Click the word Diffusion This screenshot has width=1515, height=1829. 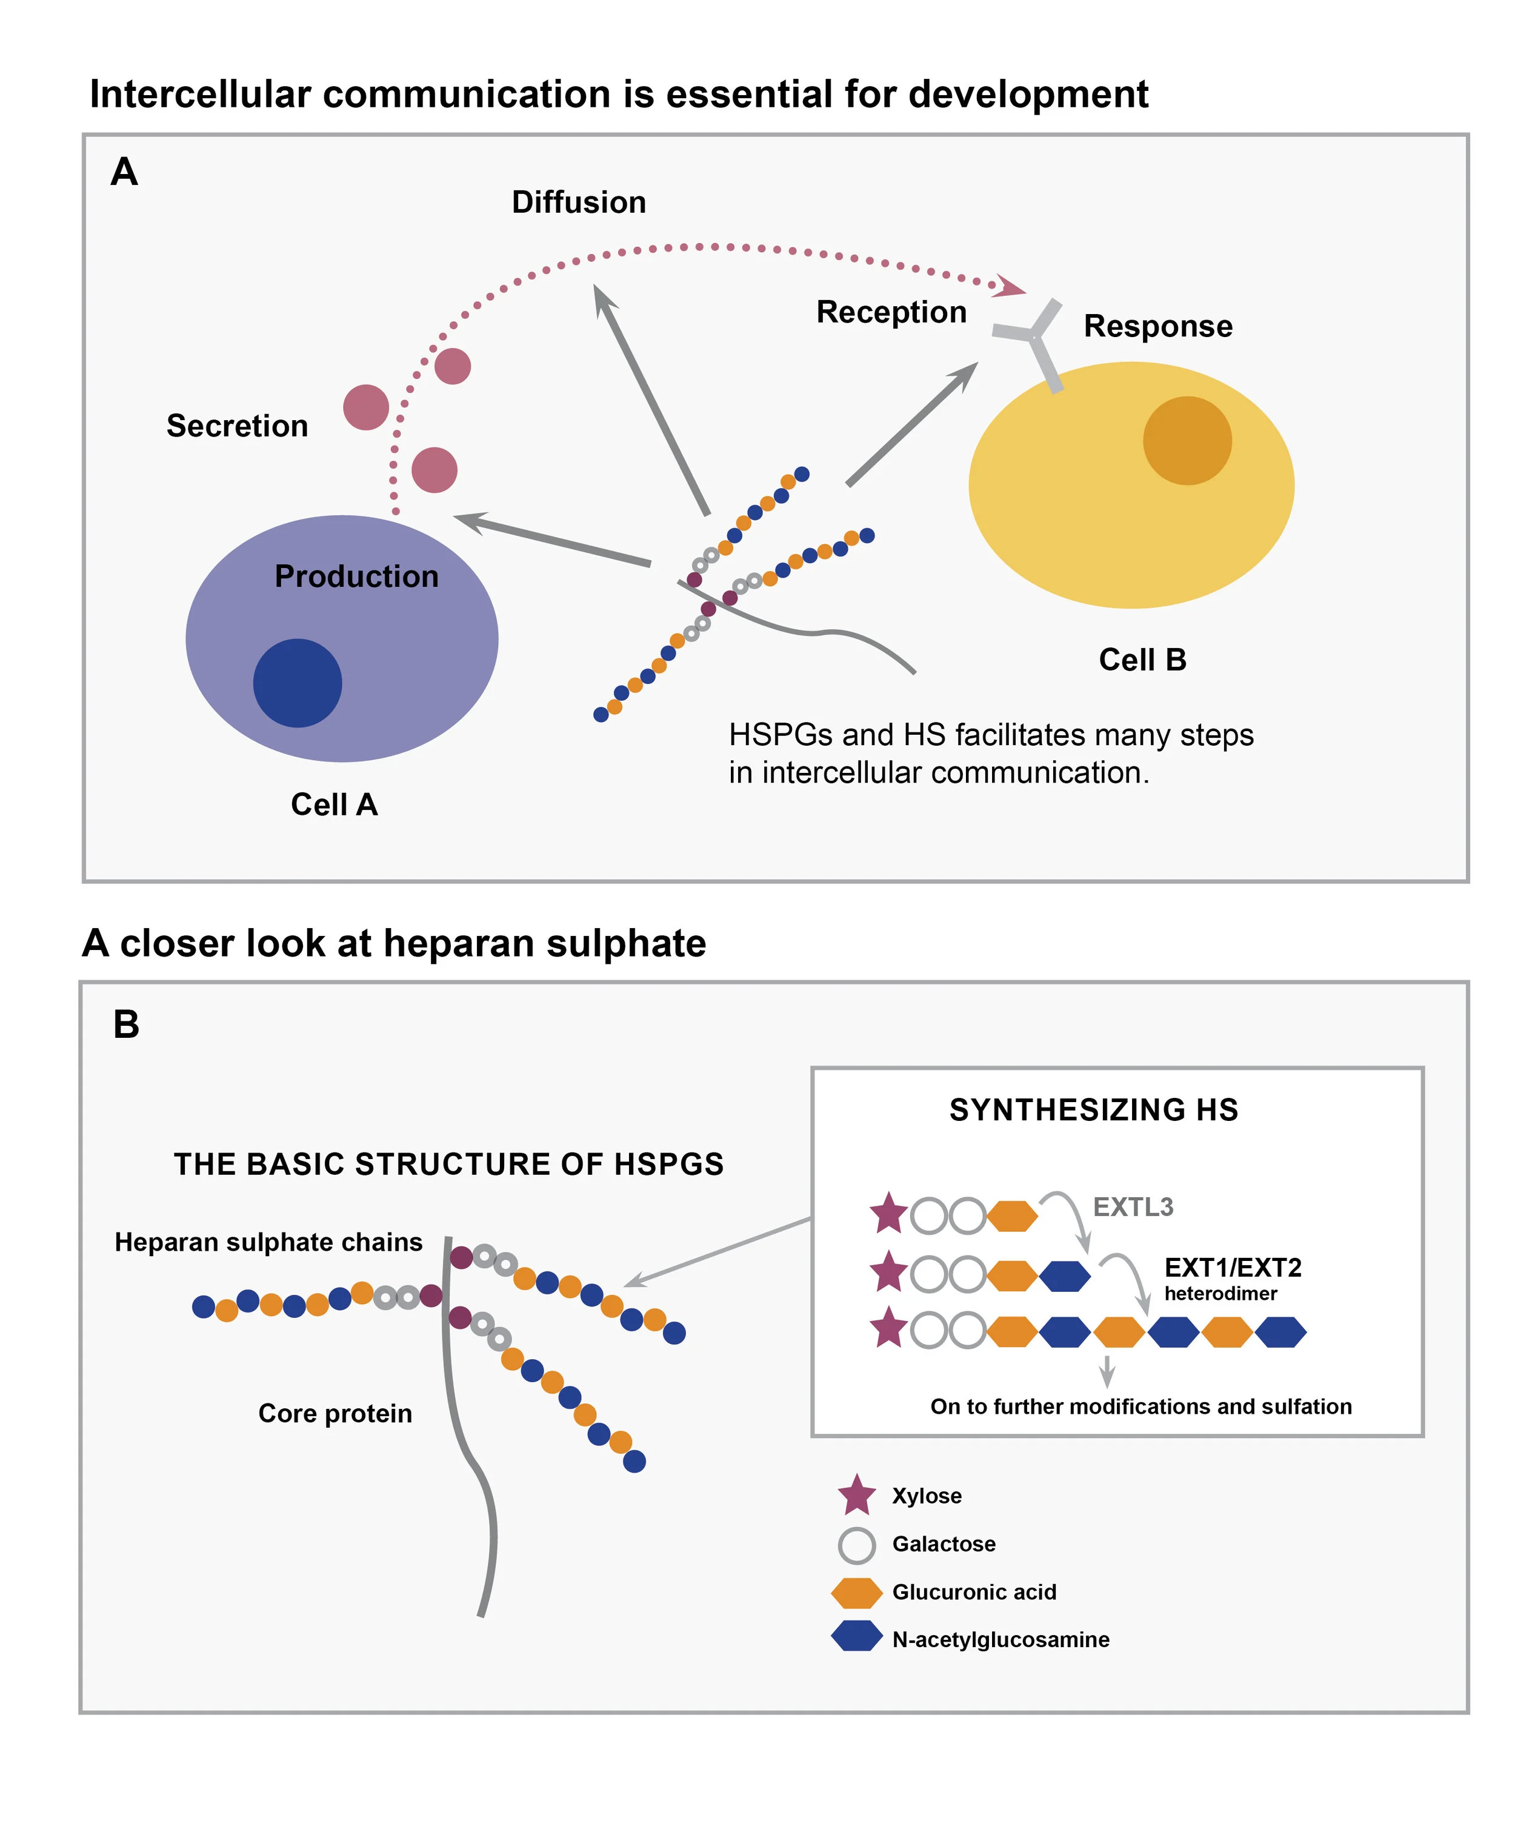pos(578,202)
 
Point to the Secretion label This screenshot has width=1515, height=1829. pos(237,426)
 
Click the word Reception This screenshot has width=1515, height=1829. pos(891,312)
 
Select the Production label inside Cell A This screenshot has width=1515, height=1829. pos(356,577)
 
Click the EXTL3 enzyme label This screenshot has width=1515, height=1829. pos(1132,1207)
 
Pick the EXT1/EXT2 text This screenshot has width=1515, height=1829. pos(1232,1267)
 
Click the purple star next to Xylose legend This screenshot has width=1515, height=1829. pos(857,1494)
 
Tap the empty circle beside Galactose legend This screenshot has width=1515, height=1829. pos(857,1545)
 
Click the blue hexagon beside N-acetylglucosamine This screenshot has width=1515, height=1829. pos(857,1640)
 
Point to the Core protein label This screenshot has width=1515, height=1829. pos(335,1413)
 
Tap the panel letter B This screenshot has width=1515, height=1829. pos(126,1025)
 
